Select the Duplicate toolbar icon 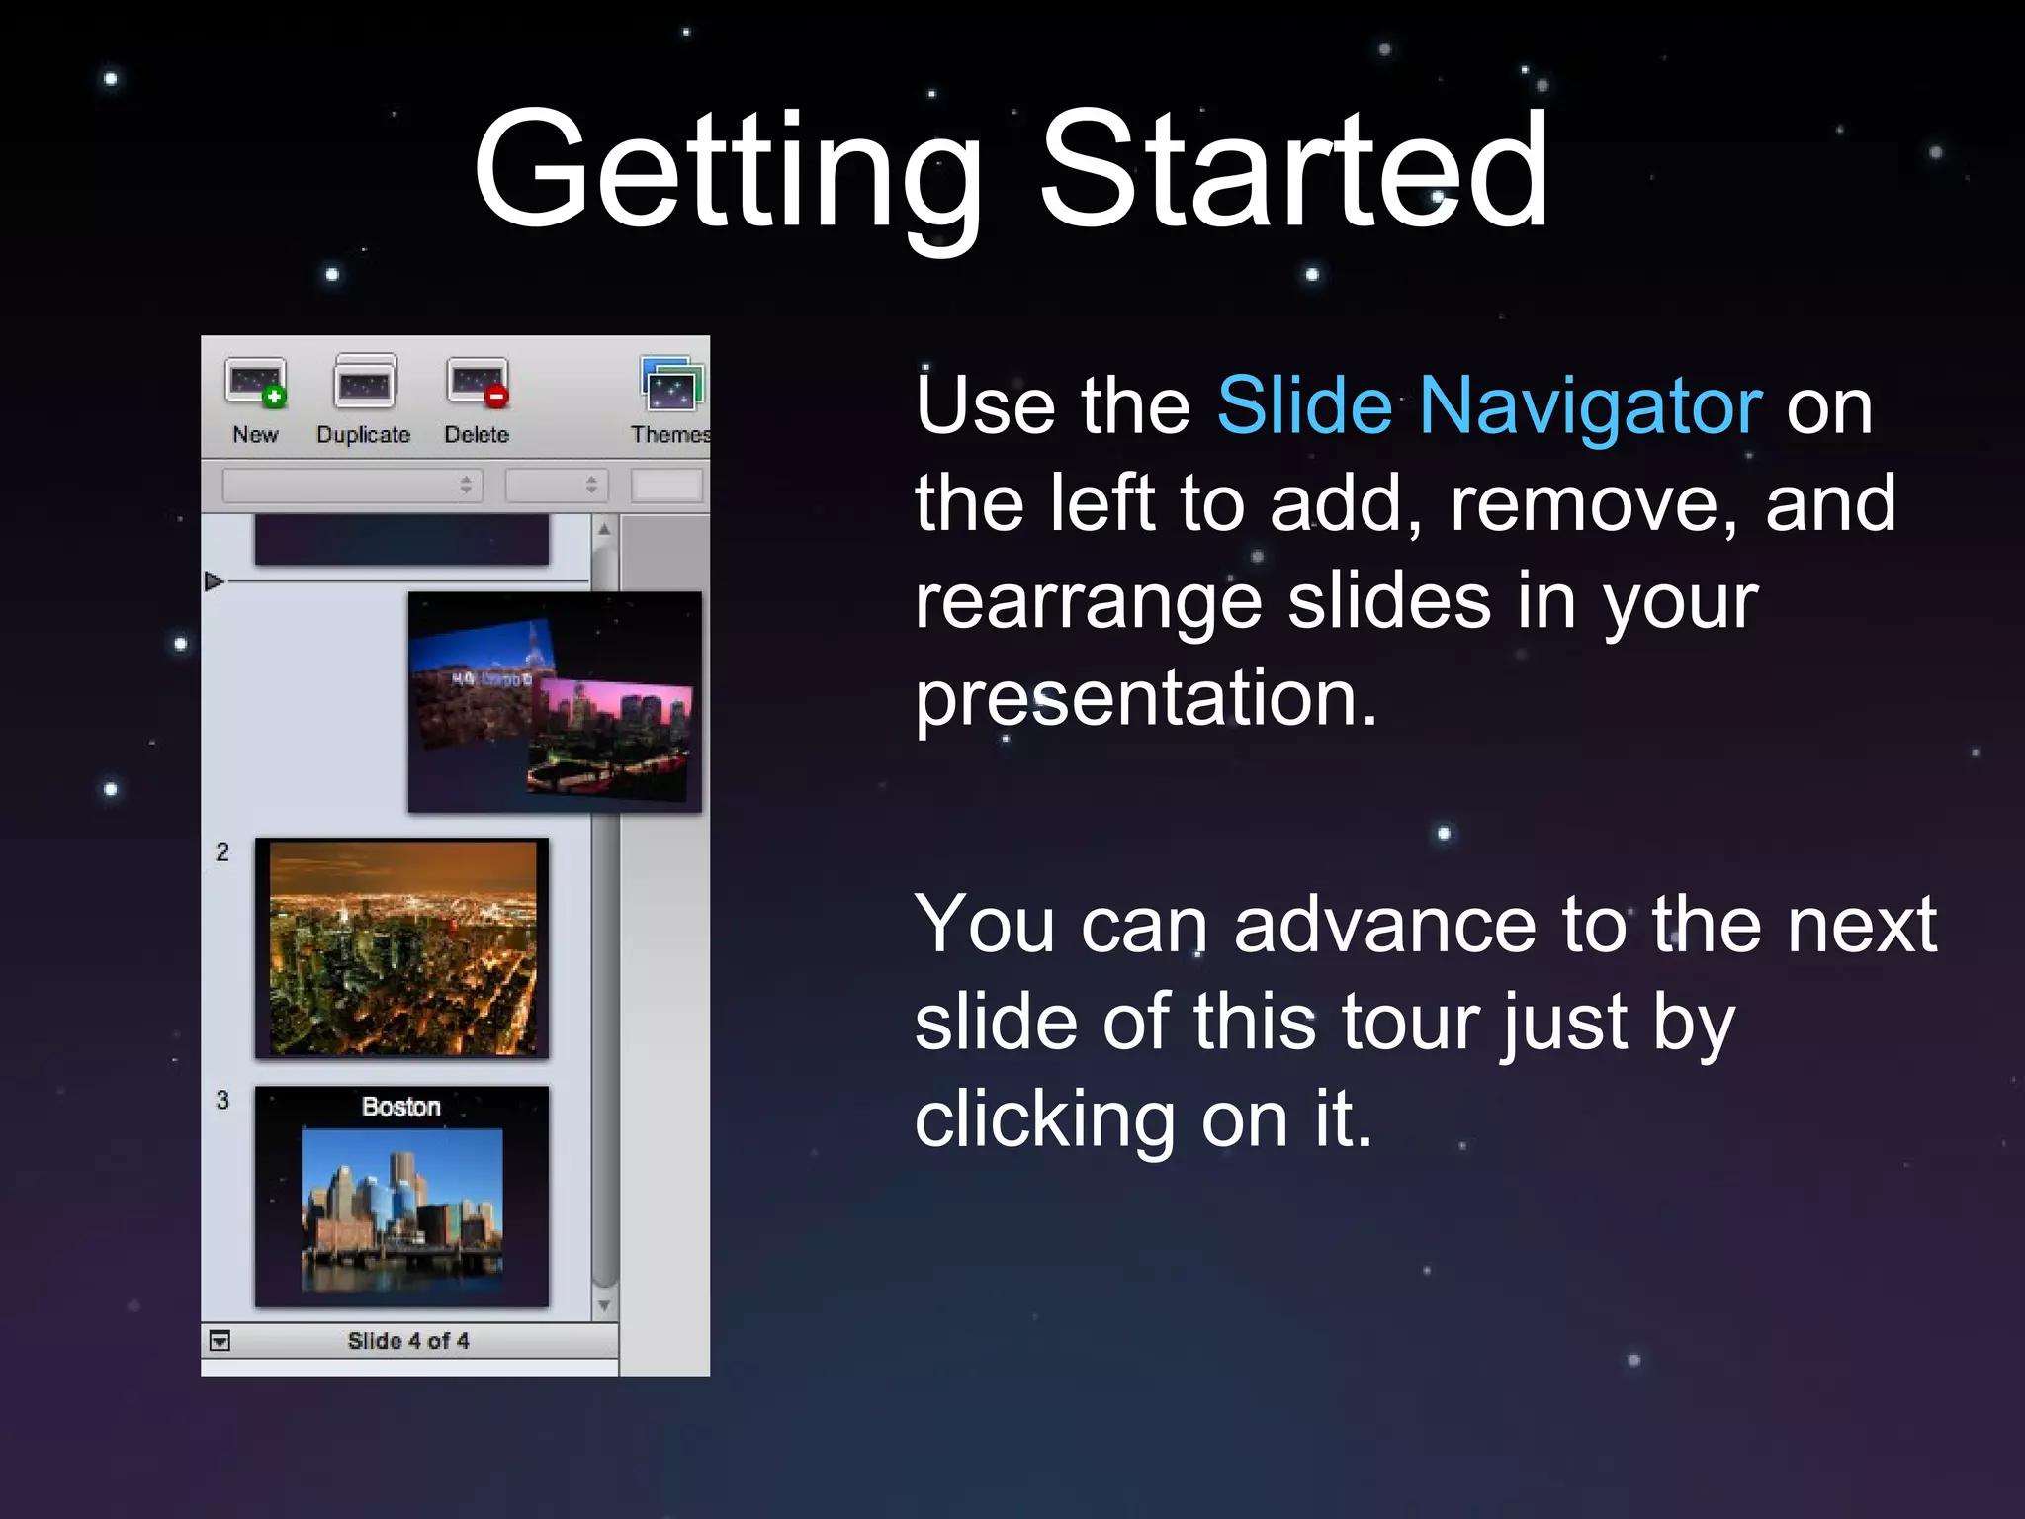[365, 384]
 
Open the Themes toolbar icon [671, 385]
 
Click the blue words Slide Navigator [1489, 405]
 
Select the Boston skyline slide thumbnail [401, 1197]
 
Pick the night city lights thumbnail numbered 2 [401, 947]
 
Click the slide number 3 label [222, 1100]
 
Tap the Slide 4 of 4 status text [408, 1341]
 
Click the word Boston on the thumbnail [400, 1107]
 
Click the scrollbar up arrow [604, 529]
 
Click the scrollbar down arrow [604, 1306]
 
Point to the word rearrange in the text [1088, 603]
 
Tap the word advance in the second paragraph [1384, 926]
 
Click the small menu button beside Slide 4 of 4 [220, 1341]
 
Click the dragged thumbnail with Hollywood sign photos [555, 702]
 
